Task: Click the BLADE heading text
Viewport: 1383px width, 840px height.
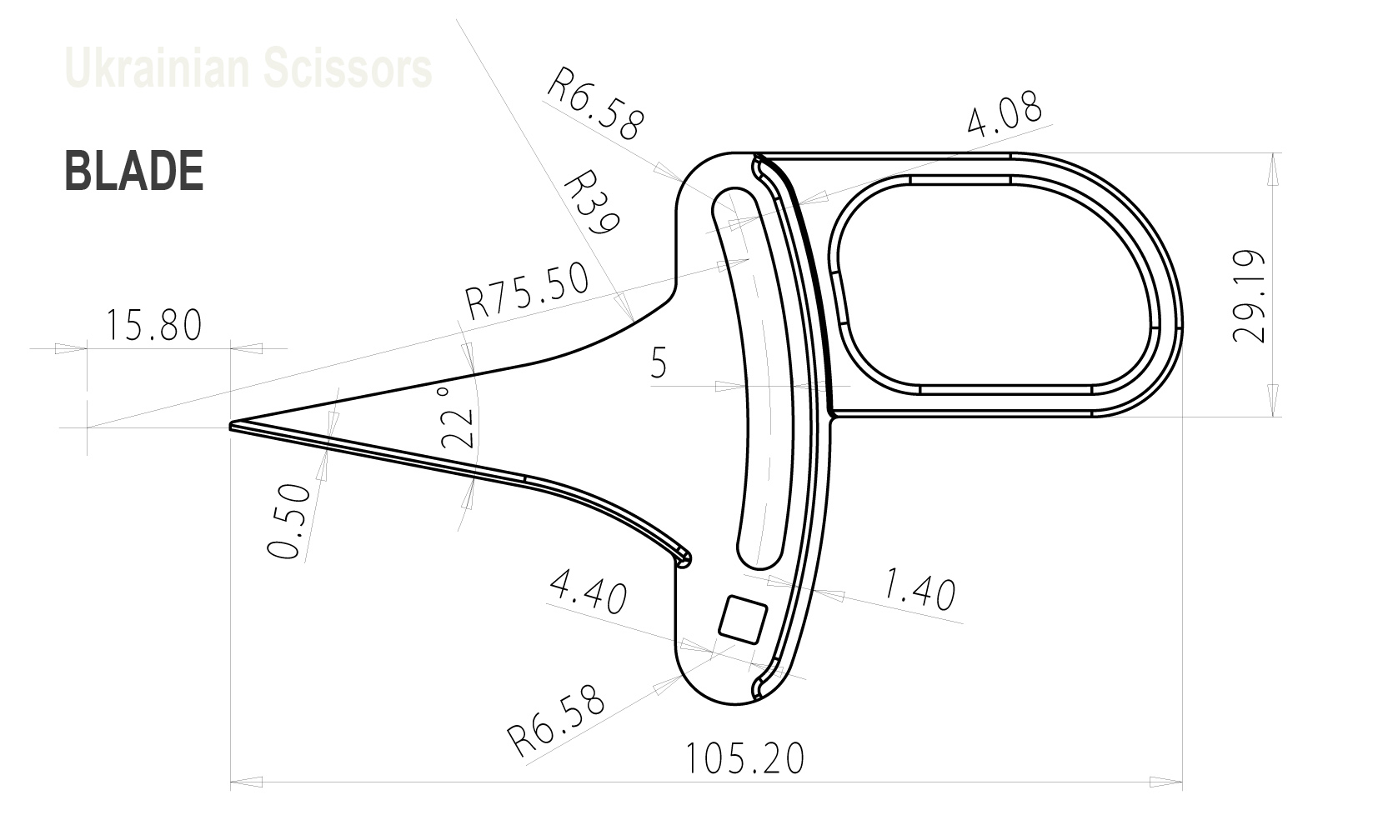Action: pyautogui.click(x=134, y=172)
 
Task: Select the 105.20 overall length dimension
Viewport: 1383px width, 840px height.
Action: pyautogui.click(x=744, y=758)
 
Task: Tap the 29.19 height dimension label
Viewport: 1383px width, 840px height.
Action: pyautogui.click(x=1248, y=296)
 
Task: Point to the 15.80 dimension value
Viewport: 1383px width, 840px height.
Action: pyautogui.click(x=153, y=325)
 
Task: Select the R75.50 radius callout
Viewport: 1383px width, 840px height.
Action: pyautogui.click(x=527, y=292)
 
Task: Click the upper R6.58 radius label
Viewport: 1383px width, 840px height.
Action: pyautogui.click(x=595, y=103)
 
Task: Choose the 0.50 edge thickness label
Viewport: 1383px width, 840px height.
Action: pyautogui.click(x=290, y=522)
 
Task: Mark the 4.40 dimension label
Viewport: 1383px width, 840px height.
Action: pyautogui.click(x=587, y=597)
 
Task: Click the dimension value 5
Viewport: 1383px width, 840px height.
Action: pyautogui.click(x=659, y=363)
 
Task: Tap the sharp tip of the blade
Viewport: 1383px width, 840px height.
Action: pyautogui.click(x=233, y=425)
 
